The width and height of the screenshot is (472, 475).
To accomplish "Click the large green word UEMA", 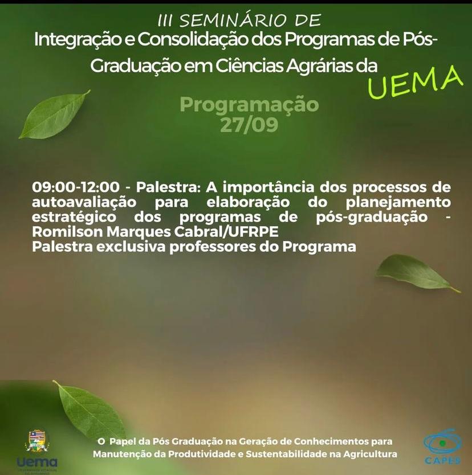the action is pos(416,82).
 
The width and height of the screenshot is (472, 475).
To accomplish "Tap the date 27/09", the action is pos(249,125).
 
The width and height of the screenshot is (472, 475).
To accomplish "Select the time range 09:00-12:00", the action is pos(76,187).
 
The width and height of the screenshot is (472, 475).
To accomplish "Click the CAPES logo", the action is pos(442,447).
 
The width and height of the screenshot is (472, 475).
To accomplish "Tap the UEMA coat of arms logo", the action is pos(37,441).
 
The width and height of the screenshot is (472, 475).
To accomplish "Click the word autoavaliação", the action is pos(84,202).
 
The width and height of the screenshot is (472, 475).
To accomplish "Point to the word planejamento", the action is pos(398,202).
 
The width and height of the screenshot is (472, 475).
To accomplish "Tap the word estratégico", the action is pos(74,217).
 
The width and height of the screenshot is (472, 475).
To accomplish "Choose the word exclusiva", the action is pos(131,247).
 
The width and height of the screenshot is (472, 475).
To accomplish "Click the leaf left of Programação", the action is pos(55,114).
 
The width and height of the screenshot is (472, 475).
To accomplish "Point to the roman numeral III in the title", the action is pos(165,21).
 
